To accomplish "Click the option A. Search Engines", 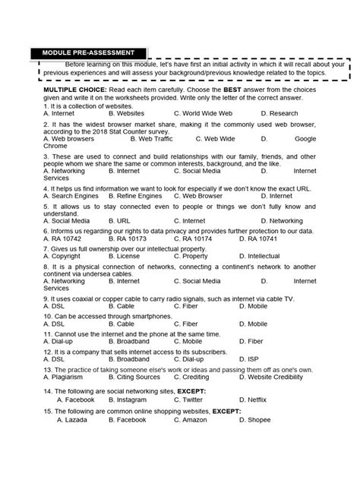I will point(71,195).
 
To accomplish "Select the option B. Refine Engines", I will point(144,195).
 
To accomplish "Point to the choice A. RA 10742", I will point(65,238).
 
